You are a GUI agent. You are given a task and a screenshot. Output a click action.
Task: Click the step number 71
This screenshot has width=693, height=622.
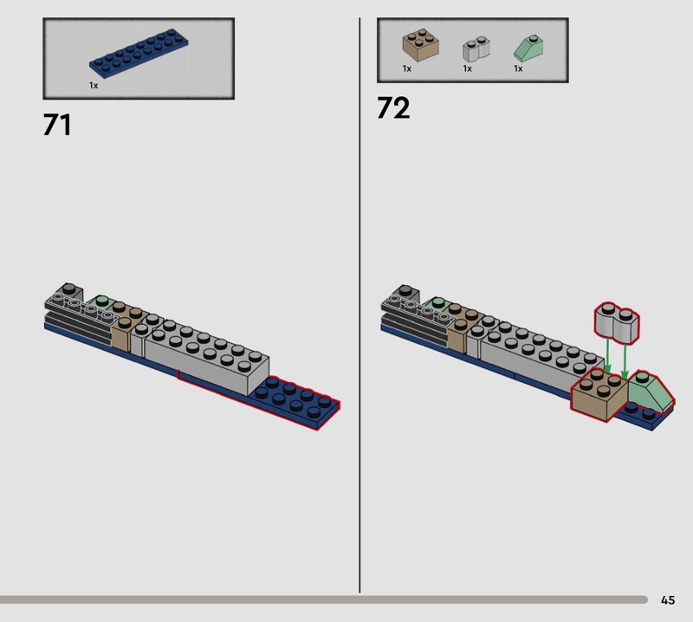[57, 125]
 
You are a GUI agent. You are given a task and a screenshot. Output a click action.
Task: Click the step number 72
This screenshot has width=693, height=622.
[393, 108]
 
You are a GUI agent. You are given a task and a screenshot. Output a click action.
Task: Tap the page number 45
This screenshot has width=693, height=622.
[668, 599]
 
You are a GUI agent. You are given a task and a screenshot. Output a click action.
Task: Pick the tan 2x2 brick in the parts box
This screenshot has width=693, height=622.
[420, 45]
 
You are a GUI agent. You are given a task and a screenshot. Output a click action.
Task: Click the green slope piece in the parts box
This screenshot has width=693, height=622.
[528, 49]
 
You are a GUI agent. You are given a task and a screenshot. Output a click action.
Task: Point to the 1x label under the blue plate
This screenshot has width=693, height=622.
[94, 85]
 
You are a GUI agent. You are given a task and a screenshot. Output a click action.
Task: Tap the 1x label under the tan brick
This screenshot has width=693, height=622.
[407, 68]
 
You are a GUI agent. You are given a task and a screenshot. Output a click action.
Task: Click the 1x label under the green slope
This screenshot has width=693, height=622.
[518, 68]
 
